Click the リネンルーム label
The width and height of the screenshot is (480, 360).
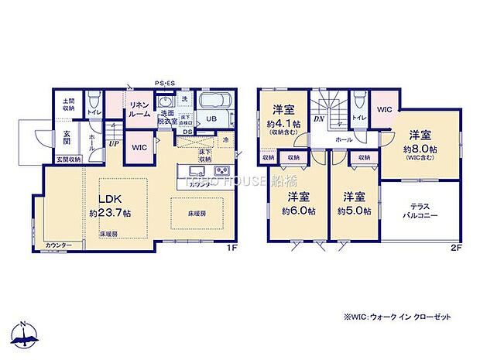pyautogui.click(x=139, y=109)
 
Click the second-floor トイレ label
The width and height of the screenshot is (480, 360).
pyautogui.click(x=359, y=117)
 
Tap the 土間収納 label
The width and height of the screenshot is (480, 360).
pyautogui.click(x=68, y=105)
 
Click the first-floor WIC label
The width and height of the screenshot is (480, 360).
pyautogui.click(x=139, y=146)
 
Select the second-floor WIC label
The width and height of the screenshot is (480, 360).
pyautogui.click(x=384, y=110)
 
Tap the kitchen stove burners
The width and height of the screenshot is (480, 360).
pyautogui.click(x=221, y=170)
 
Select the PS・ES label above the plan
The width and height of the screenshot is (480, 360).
pyautogui.click(x=165, y=82)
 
